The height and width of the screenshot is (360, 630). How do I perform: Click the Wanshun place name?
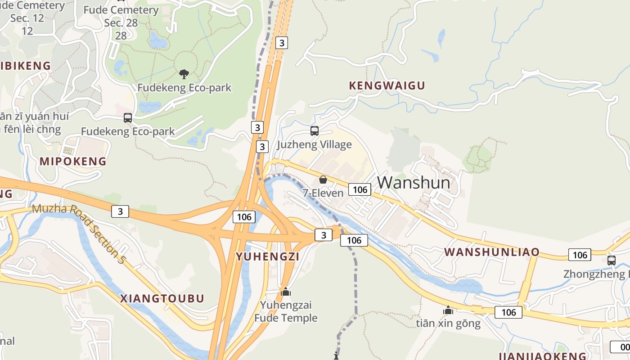pyautogui.click(x=414, y=182)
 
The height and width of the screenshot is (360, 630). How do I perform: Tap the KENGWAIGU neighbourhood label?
pyautogui.click(x=387, y=85)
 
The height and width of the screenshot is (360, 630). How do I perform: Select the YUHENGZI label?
pyautogui.click(x=268, y=256)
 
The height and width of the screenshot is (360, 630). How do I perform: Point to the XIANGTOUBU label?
pyautogui.click(x=162, y=298)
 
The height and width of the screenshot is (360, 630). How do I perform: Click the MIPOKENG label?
pyautogui.click(x=73, y=161)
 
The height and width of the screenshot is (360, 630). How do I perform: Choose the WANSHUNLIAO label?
pyautogui.click(x=492, y=252)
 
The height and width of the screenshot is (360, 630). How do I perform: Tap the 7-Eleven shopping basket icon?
pyautogui.click(x=323, y=180)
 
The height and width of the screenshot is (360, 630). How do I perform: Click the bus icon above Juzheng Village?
pyautogui.click(x=315, y=131)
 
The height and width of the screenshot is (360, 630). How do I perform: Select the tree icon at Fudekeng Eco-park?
pyautogui.click(x=184, y=74)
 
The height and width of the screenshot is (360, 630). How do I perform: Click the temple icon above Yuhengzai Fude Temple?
pyautogui.click(x=286, y=292)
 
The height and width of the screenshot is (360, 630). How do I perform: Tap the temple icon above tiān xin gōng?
pyautogui.click(x=448, y=310)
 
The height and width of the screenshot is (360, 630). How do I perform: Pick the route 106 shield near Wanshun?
pyautogui.click(x=360, y=189)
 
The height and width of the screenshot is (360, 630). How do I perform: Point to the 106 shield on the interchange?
pyautogui.click(x=244, y=217)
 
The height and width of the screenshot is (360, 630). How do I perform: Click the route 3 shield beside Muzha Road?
pyautogui.click(x=120, y=211)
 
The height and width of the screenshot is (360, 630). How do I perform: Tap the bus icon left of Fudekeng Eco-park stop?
pyautogui.click(x=128, y=118)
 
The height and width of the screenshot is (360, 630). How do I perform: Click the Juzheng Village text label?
pyautogui.click(x=314, y=144)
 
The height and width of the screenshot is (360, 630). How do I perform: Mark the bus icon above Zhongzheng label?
pyautogui.click(x=612, y=260)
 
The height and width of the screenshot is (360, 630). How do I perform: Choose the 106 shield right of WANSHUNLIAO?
pyautogui.click(x=580, y=255)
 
